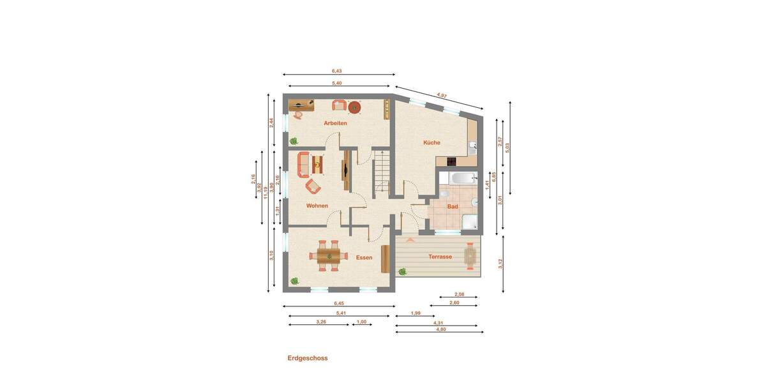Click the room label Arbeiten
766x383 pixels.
coord(335,123)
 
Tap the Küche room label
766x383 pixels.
coord(432,143)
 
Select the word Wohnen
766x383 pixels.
coord(317,206)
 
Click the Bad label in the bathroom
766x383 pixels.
coord(453,207)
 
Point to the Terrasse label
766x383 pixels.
coord(440,257)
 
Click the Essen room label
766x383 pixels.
coord(364,257)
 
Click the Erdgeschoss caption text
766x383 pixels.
coord(307,358)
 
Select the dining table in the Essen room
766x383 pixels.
coord(329,256)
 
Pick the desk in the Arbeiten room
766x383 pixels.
coord(302,103)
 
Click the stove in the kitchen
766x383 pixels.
coord(452,161)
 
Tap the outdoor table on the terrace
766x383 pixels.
coord(471,257)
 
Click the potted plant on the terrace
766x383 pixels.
coord(402,271)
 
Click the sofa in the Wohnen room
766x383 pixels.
coord(303,164)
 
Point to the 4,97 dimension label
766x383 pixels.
coord(442,96)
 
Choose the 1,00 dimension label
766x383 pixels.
coord(361,322)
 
